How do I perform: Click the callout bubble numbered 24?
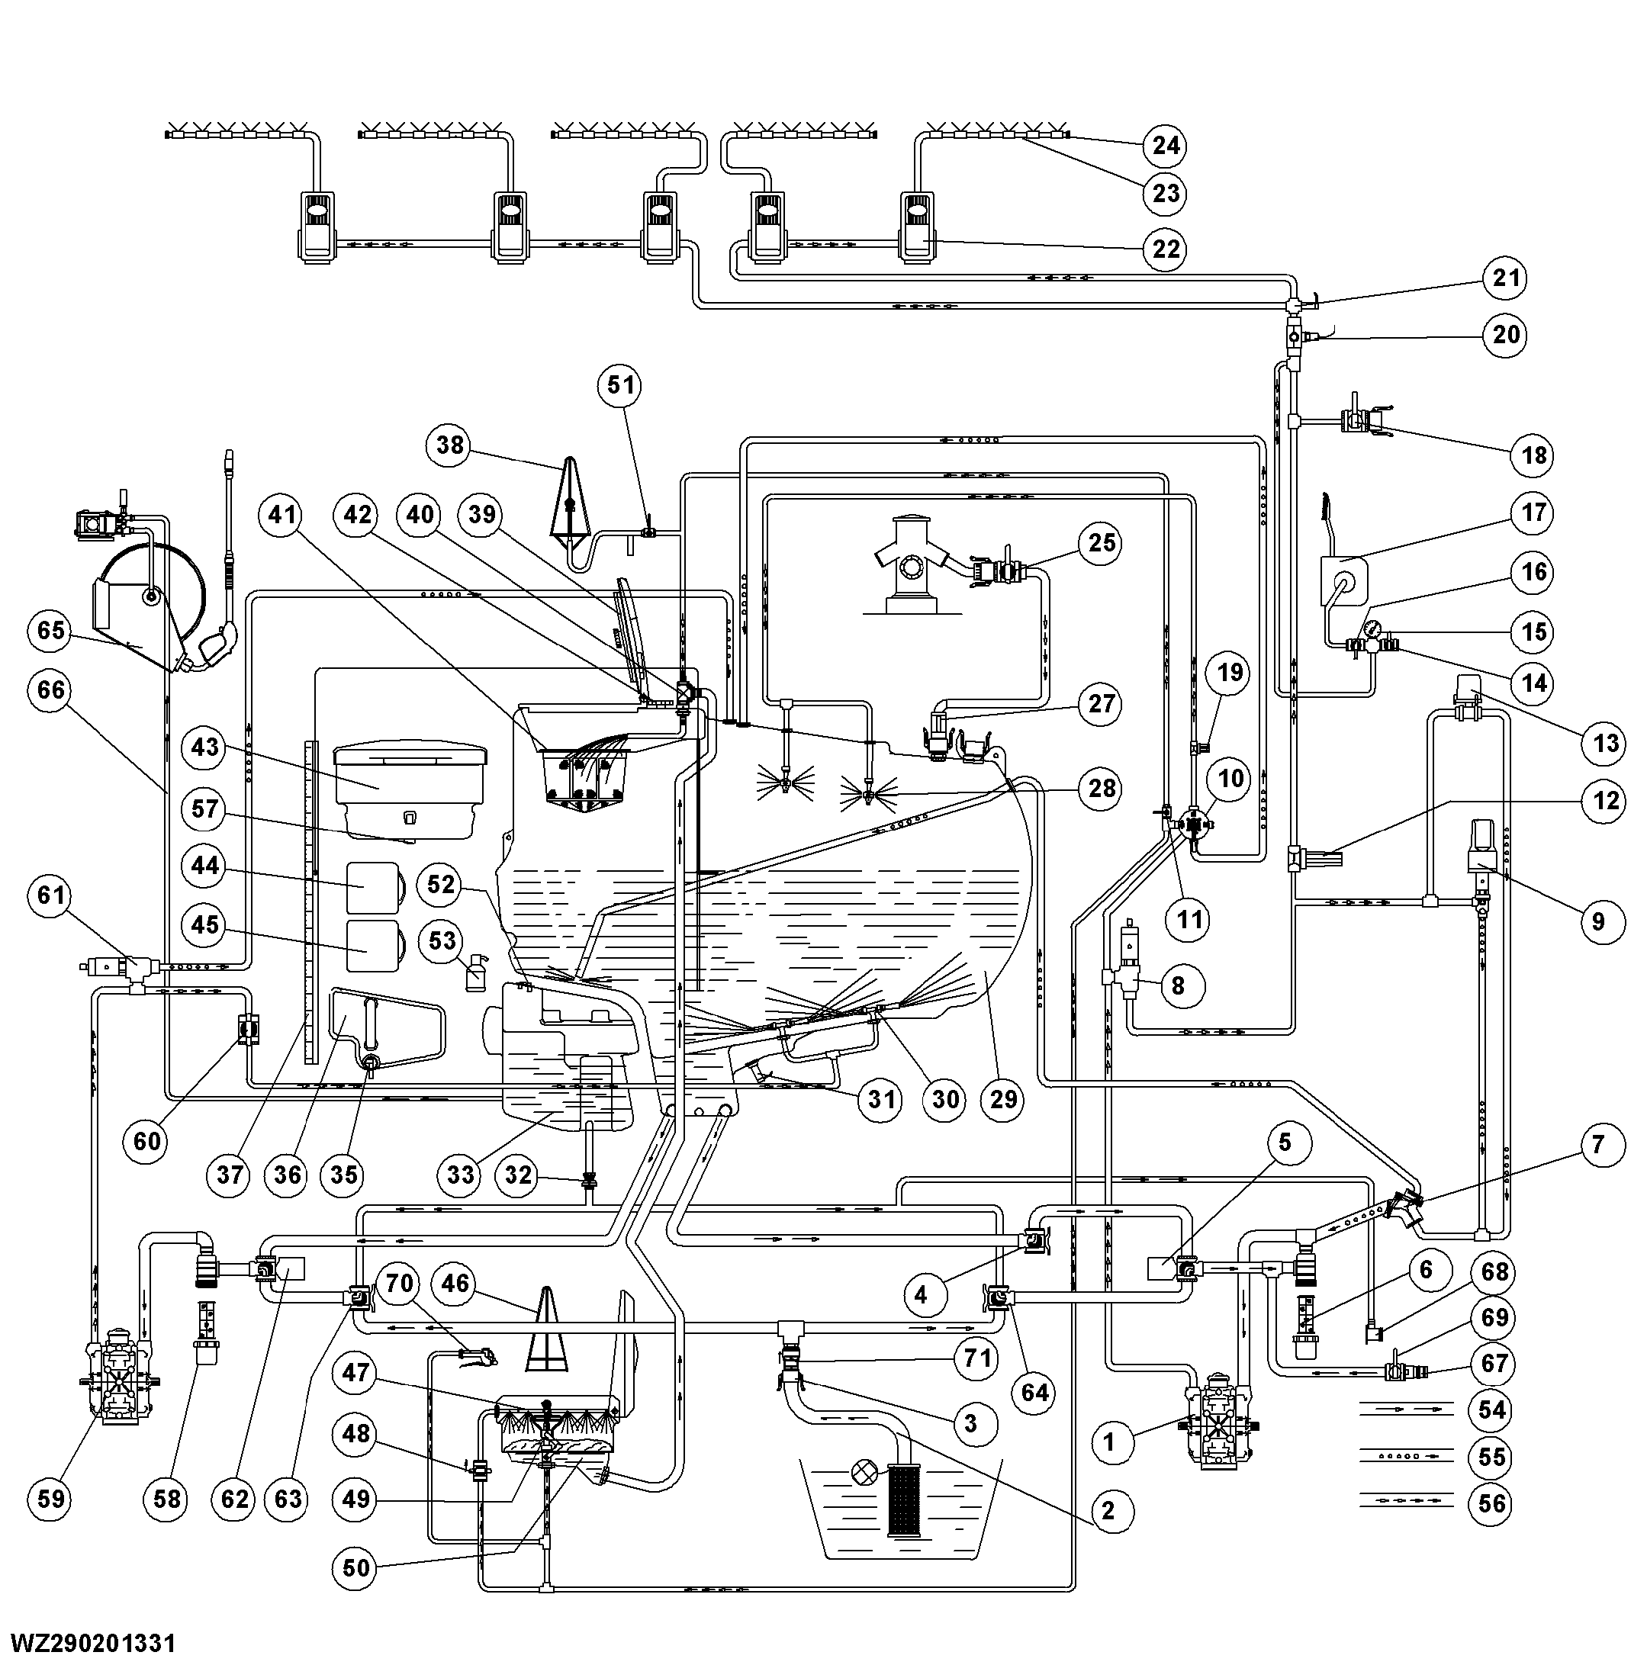(1164, 145)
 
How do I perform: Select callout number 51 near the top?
(620, 384)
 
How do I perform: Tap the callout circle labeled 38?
(450, 445)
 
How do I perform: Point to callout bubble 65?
(51, 630)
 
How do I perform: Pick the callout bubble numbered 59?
(51, 1498)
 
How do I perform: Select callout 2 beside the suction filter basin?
(1108, 1510)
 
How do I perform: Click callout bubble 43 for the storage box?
(205, 747)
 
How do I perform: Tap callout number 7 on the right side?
(1599, 1145)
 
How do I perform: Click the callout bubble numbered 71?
(976, 1359)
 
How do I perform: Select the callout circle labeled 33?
(460, 1175)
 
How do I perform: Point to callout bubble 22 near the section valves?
(1164, 249)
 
